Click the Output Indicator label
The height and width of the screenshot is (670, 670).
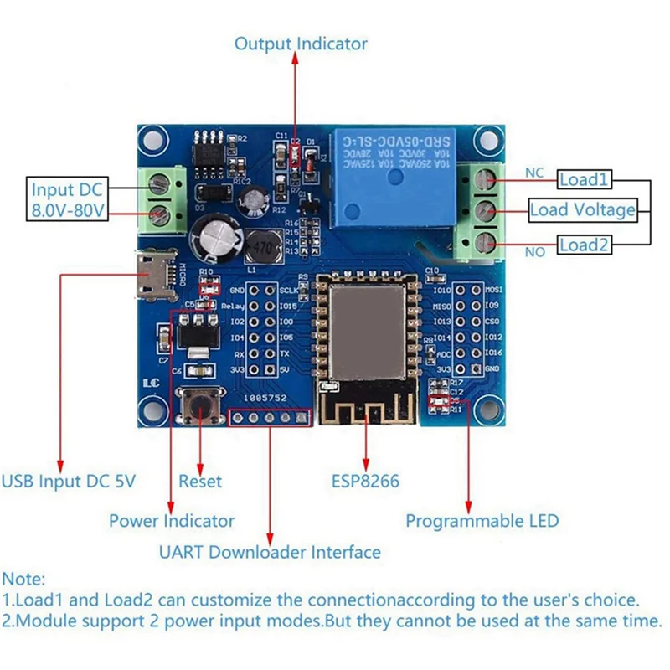click(x=300, y=44)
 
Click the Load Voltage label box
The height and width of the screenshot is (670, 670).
click(x=582, y=209)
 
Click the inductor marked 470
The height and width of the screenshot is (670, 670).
click(x=260, y=243)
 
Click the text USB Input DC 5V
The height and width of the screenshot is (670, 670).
click(x=68, y=482)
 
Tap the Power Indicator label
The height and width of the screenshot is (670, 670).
click(x=172, y=521)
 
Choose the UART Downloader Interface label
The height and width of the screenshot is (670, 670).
click(x=270, y=552)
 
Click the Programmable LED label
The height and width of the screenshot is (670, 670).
click(x=482, y=521)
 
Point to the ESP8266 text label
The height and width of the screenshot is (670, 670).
click(x=364, y=482)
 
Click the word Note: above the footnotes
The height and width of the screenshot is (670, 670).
click(x=24, y=579)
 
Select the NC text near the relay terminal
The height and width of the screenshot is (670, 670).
click(x=534, y=173)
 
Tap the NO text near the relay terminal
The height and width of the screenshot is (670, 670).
click(x=533, y=250)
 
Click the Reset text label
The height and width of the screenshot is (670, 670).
click(x=201, y=482)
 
